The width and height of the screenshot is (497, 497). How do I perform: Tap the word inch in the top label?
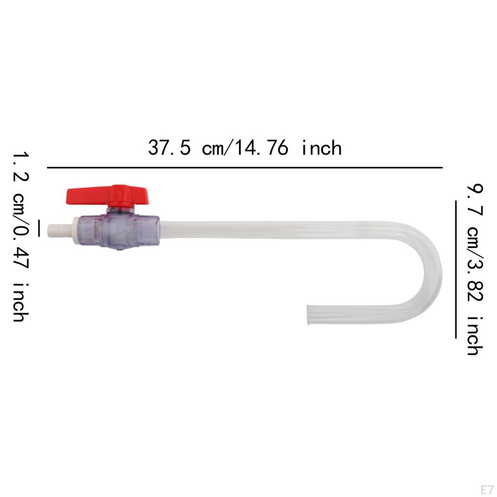pyautogui.click(x=321, y=148)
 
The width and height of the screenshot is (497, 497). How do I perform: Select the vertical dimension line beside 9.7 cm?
pyautogui.click(x=456, y=269)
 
